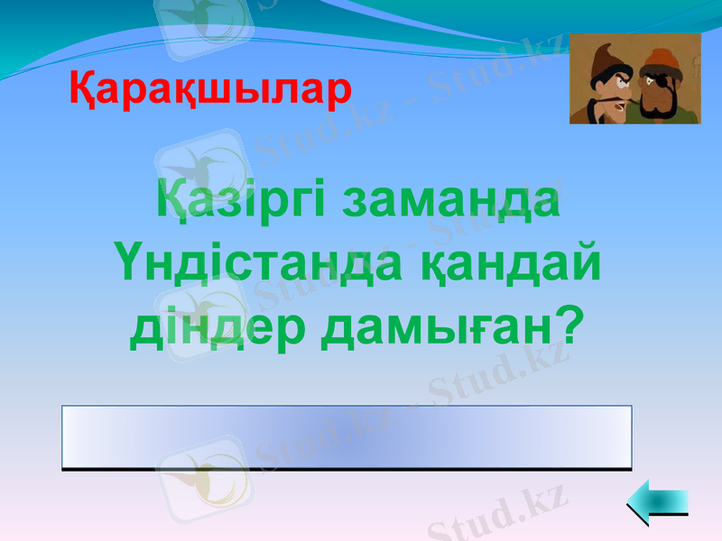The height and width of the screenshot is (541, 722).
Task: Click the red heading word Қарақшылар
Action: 210,89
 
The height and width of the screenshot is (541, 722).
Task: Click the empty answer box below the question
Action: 347,437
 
